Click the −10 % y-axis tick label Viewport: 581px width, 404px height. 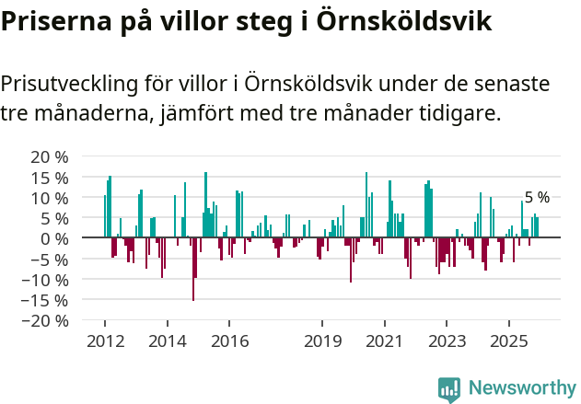44,279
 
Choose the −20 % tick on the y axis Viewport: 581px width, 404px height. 44,320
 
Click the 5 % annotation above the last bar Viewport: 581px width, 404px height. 537,198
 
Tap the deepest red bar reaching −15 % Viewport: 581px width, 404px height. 193,269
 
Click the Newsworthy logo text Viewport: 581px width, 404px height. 521,388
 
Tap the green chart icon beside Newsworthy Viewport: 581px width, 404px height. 449,389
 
